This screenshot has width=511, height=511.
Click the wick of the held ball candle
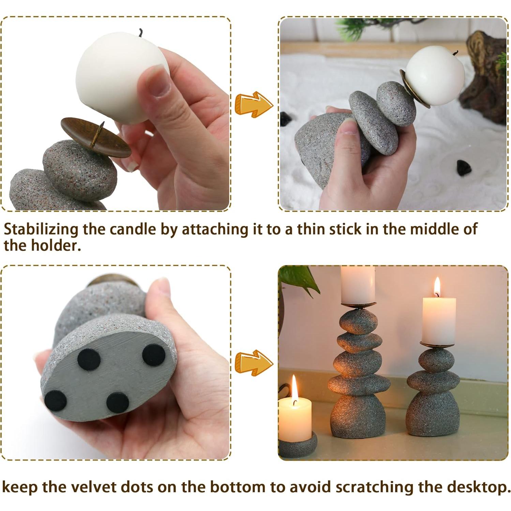[x=140, y=32]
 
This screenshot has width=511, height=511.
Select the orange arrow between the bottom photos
[x=254, y=362]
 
